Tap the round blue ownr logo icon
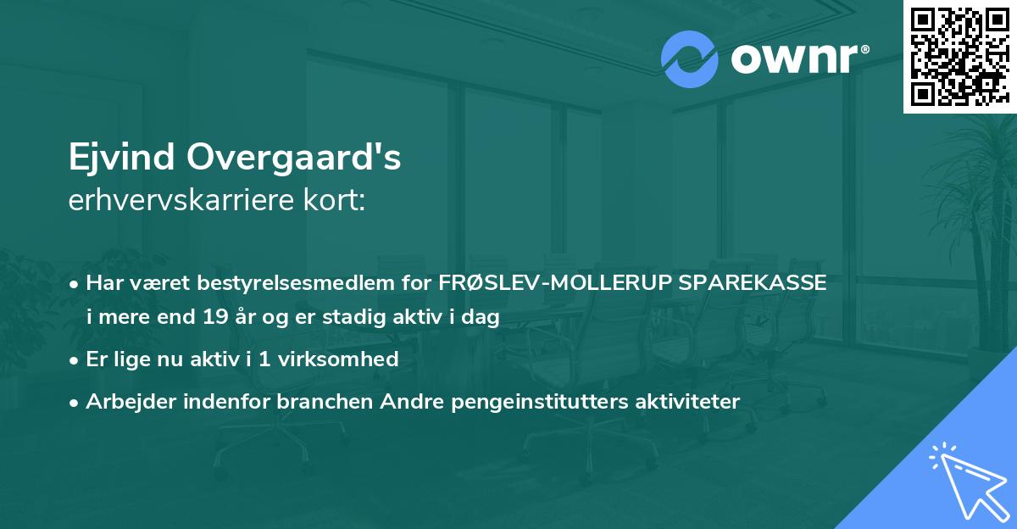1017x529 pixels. pos(690,58)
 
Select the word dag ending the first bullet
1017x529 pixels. pos(481,317)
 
